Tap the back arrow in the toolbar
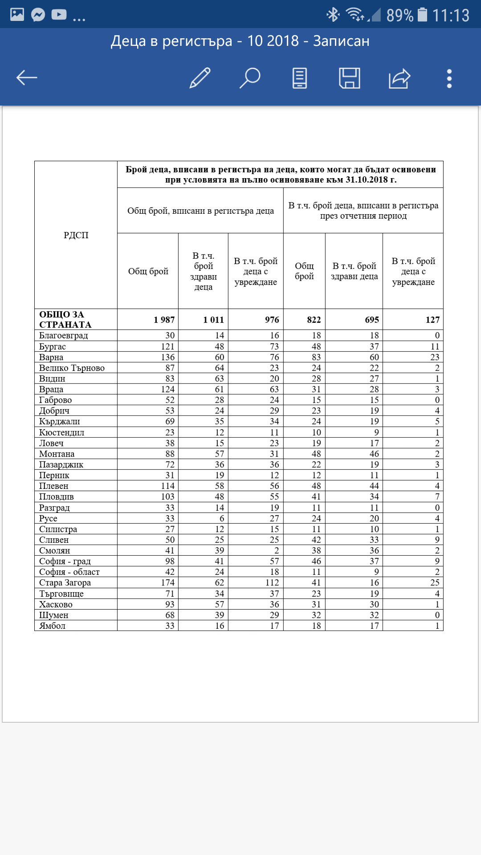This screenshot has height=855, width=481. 27,78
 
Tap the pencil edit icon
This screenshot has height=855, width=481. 200,78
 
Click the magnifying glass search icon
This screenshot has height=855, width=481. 250,78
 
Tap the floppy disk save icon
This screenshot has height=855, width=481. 350,78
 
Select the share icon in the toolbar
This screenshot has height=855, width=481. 399,78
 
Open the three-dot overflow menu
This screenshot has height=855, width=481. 449,78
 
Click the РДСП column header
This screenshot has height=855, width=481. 76,235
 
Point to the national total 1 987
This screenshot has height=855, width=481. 164,320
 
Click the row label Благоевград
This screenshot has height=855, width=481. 64,335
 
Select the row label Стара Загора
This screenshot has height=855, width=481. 65,582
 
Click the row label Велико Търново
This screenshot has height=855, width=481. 72,368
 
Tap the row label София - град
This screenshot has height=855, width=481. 65,561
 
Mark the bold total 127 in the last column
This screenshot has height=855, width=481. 432,320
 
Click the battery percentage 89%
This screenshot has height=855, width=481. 399,16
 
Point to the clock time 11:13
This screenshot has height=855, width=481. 451,16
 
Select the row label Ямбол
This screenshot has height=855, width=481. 53,626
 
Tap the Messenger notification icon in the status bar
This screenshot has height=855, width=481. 38,15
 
